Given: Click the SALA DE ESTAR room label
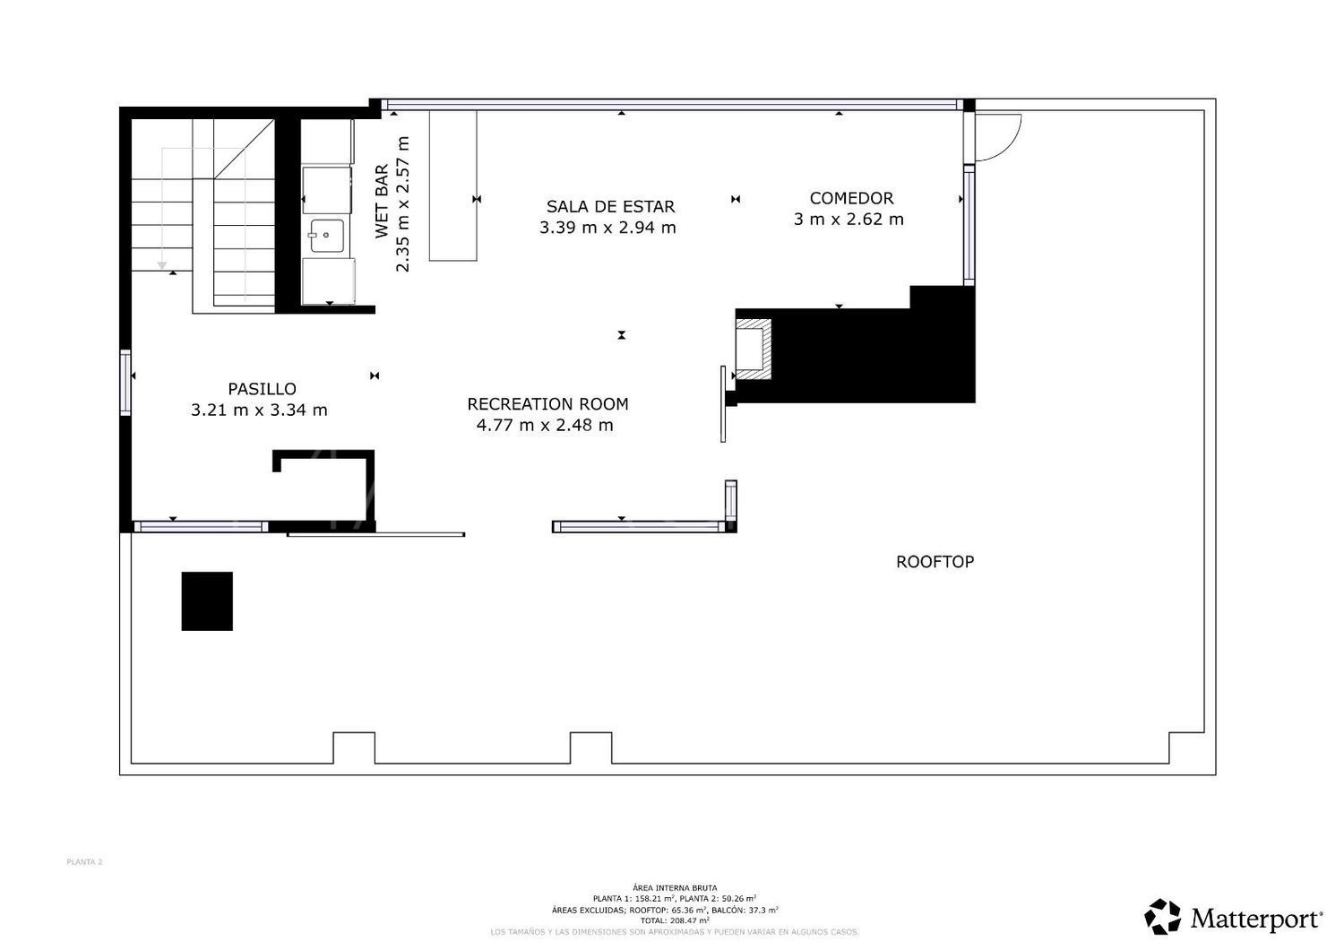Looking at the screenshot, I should click(610, 207).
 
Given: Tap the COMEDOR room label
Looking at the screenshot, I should click(851, 198).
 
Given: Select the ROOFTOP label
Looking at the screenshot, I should click(935, 562).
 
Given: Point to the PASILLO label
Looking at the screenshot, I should click(262, 389).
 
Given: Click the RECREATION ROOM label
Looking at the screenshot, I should click(547, 404).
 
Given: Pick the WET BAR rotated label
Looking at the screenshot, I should click(382, 202).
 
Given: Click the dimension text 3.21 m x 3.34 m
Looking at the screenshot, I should click(259, 410).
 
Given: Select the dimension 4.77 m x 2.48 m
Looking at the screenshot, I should click(545, 426).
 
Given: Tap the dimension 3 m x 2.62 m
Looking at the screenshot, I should click(849, 220).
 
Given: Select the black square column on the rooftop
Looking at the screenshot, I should click(207, 601).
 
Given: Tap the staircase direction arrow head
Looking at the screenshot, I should click(162, 265).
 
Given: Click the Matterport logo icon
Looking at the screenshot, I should click(1163, 917).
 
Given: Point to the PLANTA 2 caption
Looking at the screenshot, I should click(84, 862).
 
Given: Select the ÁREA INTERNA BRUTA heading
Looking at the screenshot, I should click(674, 888).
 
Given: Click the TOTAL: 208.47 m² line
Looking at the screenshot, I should click(674, 920).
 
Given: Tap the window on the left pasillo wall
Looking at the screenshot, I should click(125, 381).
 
